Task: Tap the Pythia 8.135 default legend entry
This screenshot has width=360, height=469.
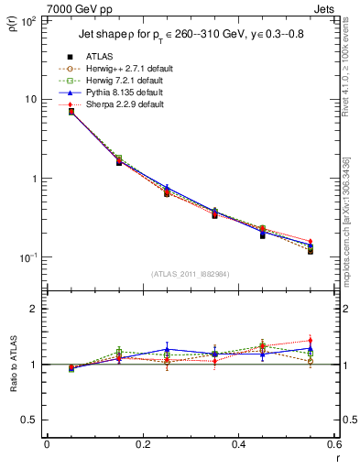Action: pos(123,93)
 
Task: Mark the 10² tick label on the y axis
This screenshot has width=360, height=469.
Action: pos(28,20)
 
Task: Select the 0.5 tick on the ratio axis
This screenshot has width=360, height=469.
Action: pos(31,420)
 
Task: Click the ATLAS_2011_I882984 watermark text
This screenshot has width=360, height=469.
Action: pos(191,273)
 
